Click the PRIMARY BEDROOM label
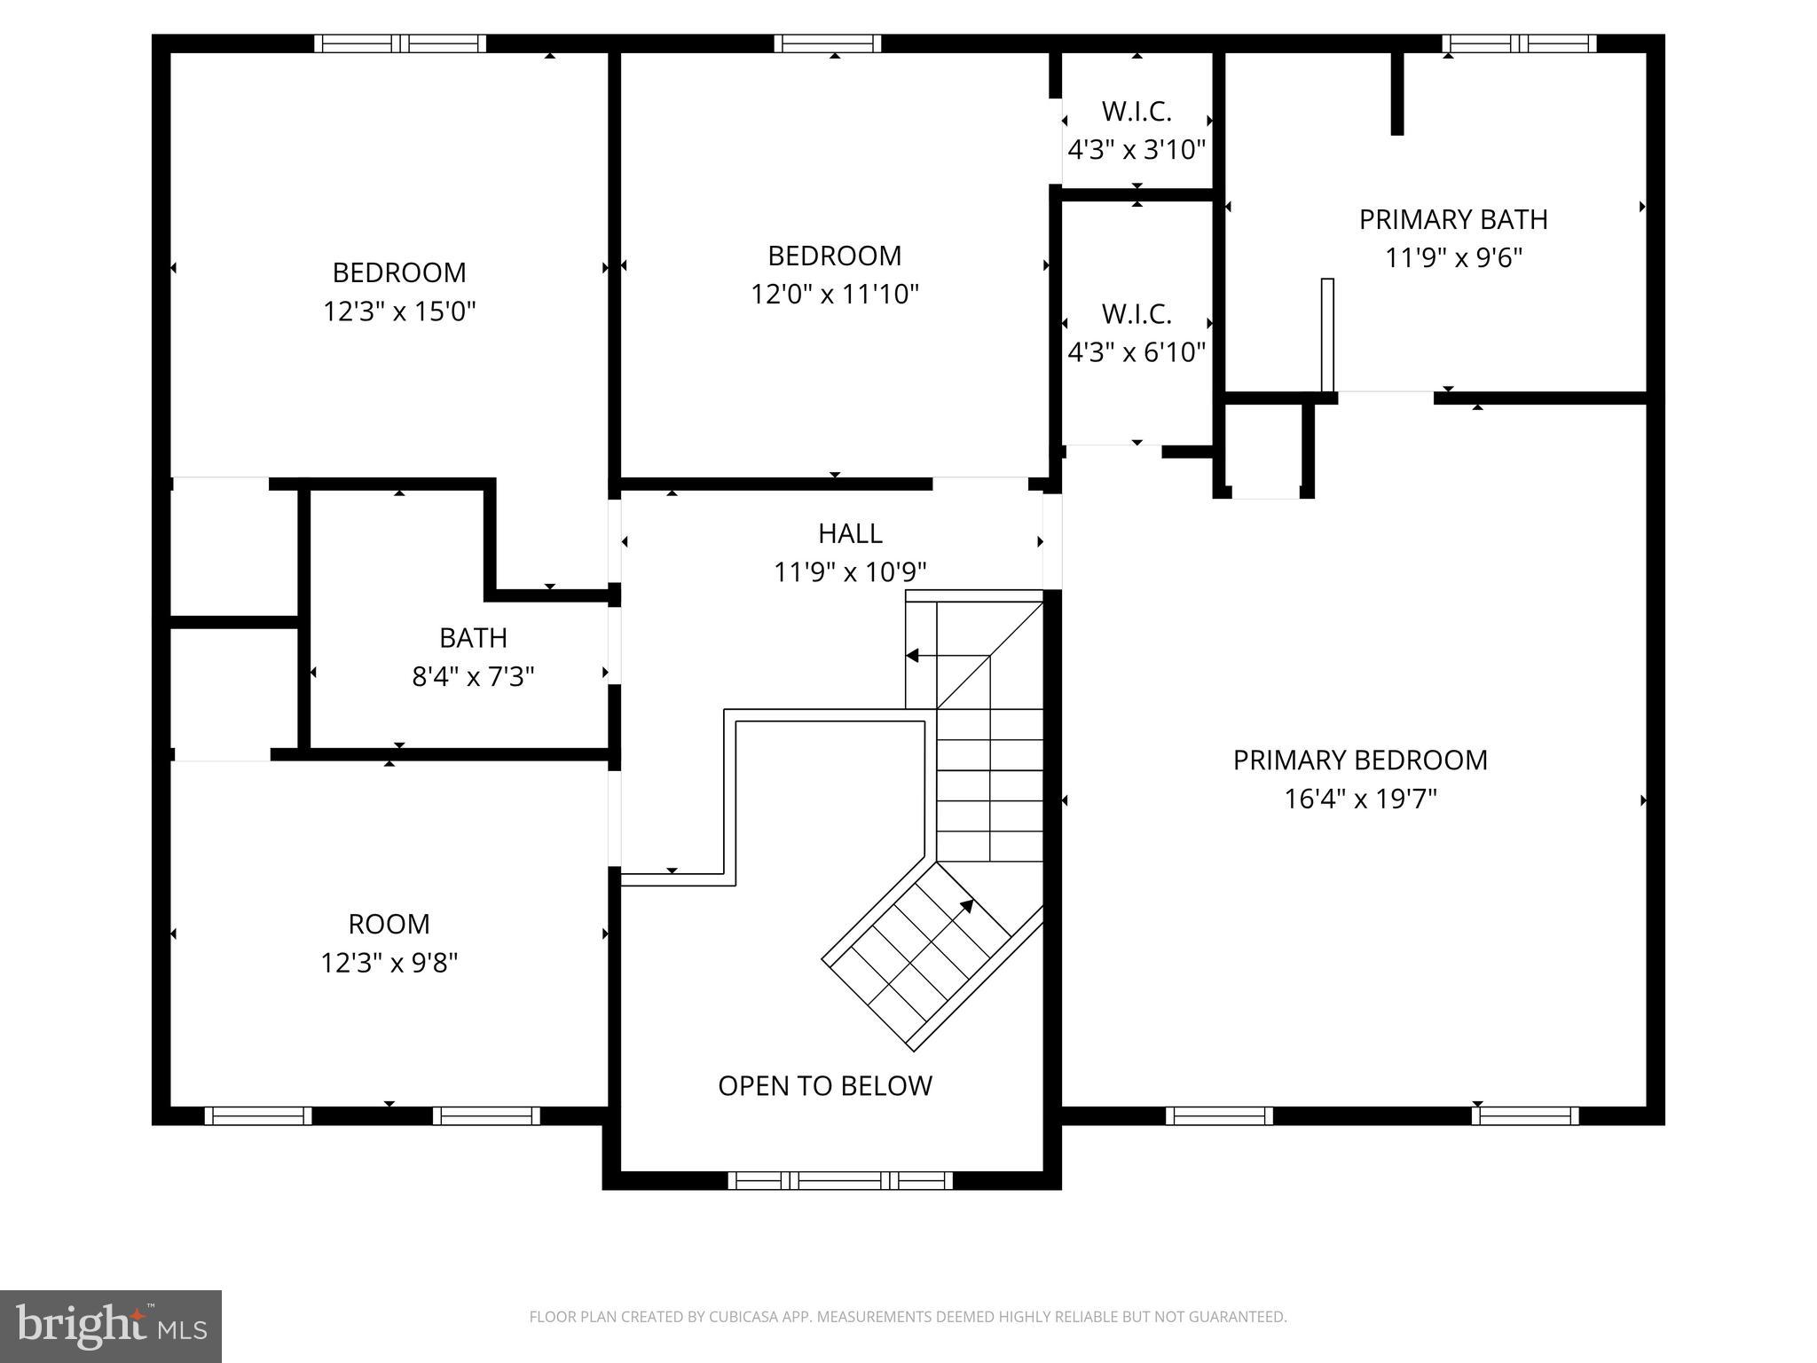pyautogui.click(x=1359, y=760)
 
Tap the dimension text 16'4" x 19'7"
pyautogui.click(x=1359, y=800)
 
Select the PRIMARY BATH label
pyautogui.click(x=1453, y=219)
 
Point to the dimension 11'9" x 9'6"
pyautogui.click(x=1453, y=258)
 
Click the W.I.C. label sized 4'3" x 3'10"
pyautogui.click(x=1137, y=112)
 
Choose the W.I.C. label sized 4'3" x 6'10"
pyautogui.click(x=1137, y=314)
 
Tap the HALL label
pyautogui.click(x=850, y=533)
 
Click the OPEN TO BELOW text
pyautogui.click(x=824, y=1086)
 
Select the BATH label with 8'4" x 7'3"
pyautogui.click(x=473, y=638)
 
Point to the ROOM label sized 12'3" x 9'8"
pyautogui.click(x=389, y=924)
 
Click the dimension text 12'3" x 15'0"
pyautogui.click(x=399, y=311)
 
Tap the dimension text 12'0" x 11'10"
pyautogui.click(x=834, y=294)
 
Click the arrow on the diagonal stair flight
pyautogui.click(x=965, y=907)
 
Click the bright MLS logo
pyautogui.click(x=111, y=1326)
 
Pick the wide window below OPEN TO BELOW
pyautogui.click(x=839, y=1180)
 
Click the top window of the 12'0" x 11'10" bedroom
pyautogui.click(x=827, y=43)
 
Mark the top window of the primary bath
pyautogui.click(x=1518, y=43)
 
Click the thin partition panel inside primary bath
pyautogui.click(x=1327, y=335)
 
